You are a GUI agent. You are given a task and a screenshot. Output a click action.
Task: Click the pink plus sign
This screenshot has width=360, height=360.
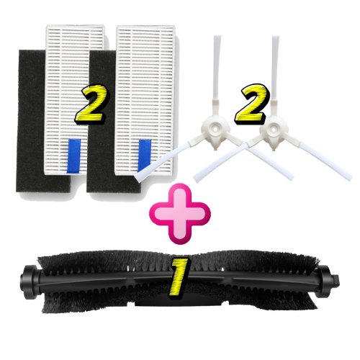[x=180, y=214]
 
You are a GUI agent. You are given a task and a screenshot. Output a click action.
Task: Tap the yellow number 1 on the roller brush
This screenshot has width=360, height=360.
[x=179, y=278]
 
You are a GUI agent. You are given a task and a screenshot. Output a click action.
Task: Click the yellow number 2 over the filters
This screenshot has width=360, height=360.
[x=92, y=104]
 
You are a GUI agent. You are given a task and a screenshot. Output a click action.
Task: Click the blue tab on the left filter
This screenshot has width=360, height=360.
[x=73, y=156]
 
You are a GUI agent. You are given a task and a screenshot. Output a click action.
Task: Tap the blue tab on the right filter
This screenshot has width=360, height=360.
[x=145, y=156]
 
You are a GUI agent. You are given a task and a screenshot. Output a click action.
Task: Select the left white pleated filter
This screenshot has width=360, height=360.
[x=75, y=99]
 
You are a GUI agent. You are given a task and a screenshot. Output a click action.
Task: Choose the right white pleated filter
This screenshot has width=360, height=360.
[x=145, y=99]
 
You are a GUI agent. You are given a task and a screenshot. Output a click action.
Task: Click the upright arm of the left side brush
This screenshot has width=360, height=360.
[x=217, y=78]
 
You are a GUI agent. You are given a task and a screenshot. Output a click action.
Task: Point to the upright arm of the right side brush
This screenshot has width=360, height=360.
[x=276, y=78]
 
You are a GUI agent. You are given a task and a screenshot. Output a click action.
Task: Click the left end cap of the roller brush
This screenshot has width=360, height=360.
[x=30, y=282]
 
